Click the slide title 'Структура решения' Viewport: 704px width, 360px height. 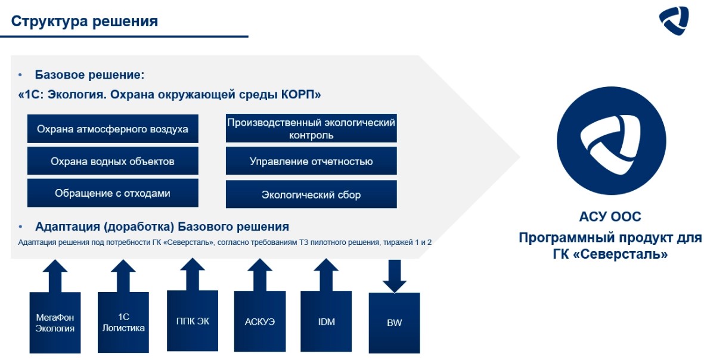pos(85,21)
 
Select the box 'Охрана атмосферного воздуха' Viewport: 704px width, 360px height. pos(113,129)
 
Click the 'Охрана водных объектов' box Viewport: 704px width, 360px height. pos(113,161)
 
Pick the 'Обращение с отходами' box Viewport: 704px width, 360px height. pos(113,193)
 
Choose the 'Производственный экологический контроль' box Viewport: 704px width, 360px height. pos(311,129)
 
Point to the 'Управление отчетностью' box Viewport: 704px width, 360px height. pos(311,161)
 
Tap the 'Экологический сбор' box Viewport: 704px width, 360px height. pos(311,194)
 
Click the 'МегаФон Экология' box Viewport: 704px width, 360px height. pos(55,322)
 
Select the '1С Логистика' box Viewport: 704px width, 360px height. pos(123,322)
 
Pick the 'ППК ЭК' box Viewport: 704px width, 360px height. pos(193,321)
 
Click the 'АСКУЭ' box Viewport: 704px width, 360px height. pos(259,322)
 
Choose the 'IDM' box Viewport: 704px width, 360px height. pos(326,322)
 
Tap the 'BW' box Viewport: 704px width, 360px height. pos(394,323)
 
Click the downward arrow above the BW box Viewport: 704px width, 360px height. pos(394,276)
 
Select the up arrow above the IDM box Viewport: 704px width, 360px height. pos(326,274)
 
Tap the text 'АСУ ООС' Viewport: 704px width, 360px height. pos(610,216)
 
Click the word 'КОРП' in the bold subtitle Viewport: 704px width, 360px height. pos(303,95)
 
